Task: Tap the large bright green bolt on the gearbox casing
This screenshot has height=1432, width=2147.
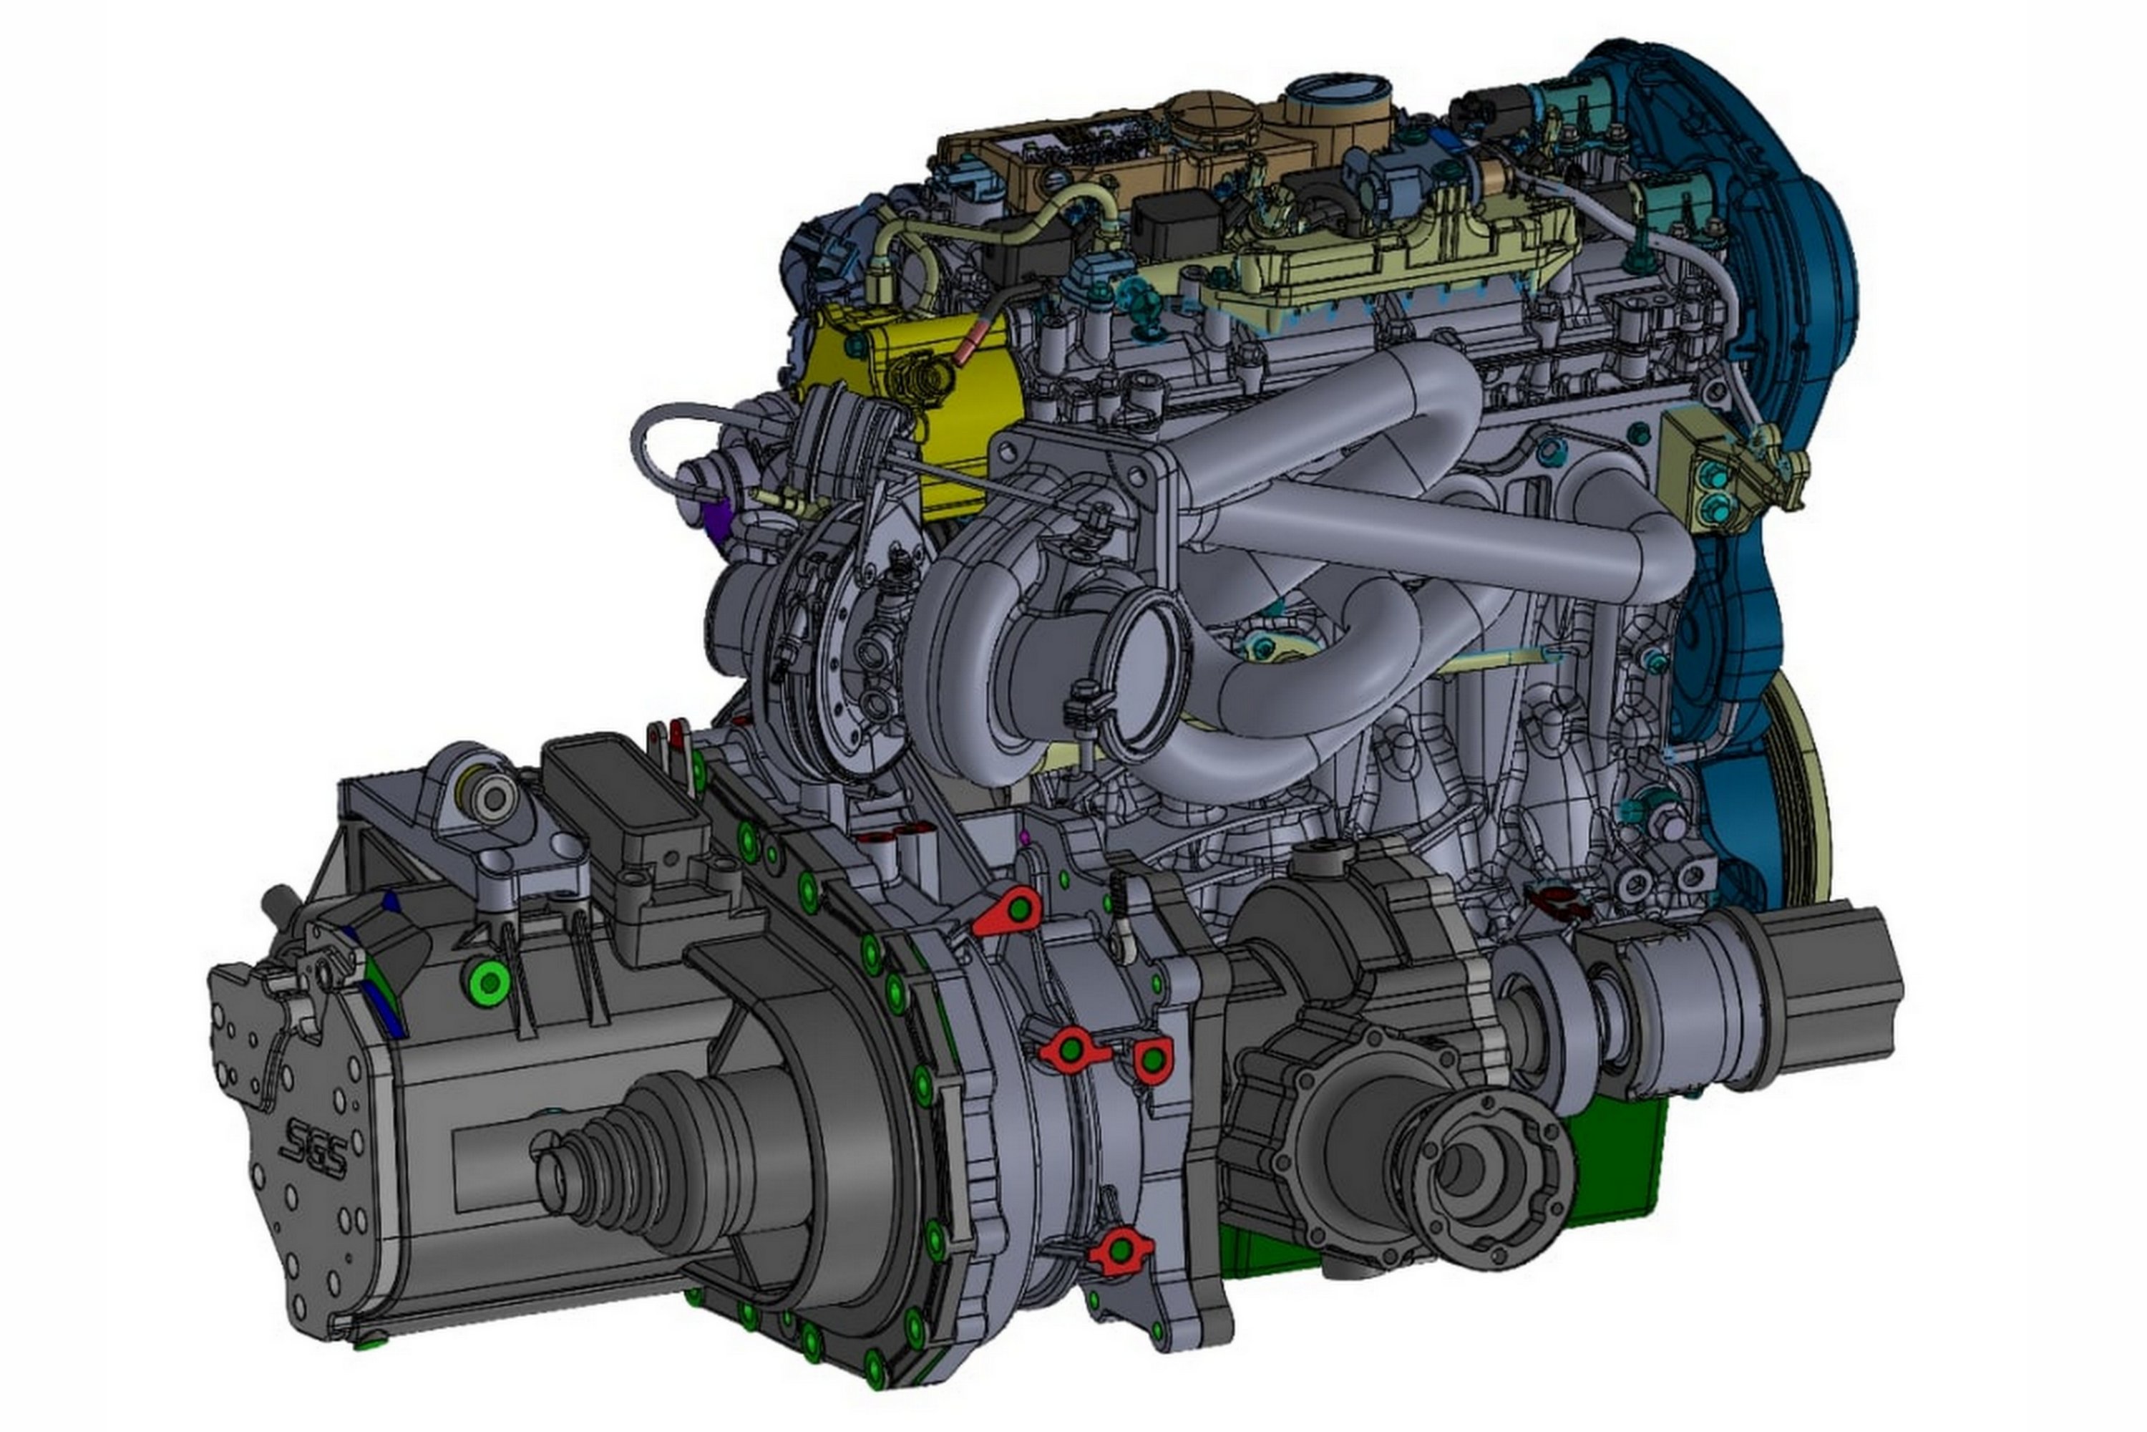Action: point(491,982)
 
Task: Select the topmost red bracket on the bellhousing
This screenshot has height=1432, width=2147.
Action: point(1007,911)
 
